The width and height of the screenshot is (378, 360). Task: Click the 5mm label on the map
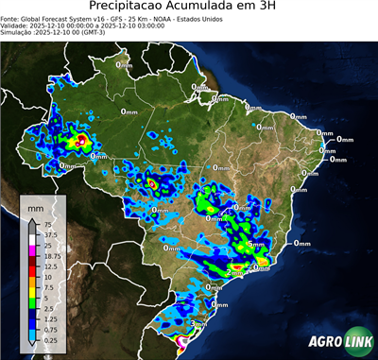[x=254, y=245]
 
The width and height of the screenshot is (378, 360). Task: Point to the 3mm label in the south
[x=198, y=322]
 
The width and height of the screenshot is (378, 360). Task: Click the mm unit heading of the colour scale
[x=35, y=206]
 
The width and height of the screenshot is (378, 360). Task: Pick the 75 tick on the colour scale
[x=43, y=224]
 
